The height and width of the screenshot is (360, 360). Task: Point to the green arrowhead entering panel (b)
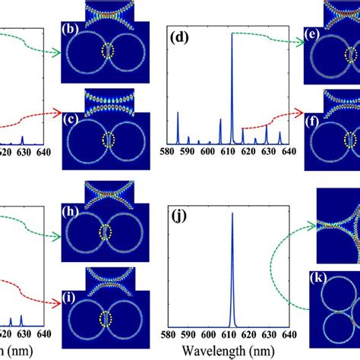[58, 53]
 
